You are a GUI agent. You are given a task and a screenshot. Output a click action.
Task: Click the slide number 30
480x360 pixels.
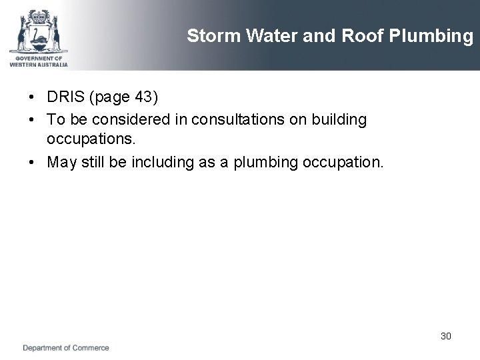[x=445, y=336]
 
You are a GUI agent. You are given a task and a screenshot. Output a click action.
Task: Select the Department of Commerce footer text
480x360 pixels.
[x=66, y=348]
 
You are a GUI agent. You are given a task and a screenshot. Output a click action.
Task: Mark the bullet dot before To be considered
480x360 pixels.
[x=32, y=120]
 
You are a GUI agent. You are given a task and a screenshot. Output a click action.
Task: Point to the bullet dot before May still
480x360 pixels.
[x=32, y=163]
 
